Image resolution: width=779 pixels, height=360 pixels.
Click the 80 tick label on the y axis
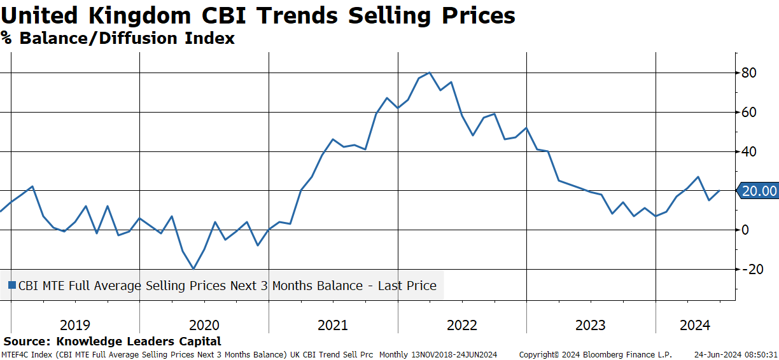pos(749,73)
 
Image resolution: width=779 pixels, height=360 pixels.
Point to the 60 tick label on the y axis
pos(749,112)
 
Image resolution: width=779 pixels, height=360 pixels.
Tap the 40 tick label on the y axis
pos(749,151)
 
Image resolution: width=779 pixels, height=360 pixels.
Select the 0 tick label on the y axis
pos(745,230)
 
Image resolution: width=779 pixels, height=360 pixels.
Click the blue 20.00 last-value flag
pos(757,191)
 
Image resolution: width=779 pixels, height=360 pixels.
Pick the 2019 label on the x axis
pos(75,325)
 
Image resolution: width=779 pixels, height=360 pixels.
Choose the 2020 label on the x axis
pos(204,325)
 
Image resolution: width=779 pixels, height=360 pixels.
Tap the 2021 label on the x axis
pos(333,325)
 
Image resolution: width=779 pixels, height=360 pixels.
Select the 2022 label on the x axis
pos(462,325)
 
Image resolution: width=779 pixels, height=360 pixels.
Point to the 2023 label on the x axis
pos(591,325)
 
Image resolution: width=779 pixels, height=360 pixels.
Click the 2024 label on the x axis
pos(695,325)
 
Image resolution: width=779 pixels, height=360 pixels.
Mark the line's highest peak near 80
pos(430,73)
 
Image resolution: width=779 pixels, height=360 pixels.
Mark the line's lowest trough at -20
pos(193,268)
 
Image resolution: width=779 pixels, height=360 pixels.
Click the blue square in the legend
pos(12,286)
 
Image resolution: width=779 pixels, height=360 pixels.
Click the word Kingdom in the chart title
pos(139,16)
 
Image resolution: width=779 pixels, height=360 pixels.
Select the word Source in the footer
pos(27,341)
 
